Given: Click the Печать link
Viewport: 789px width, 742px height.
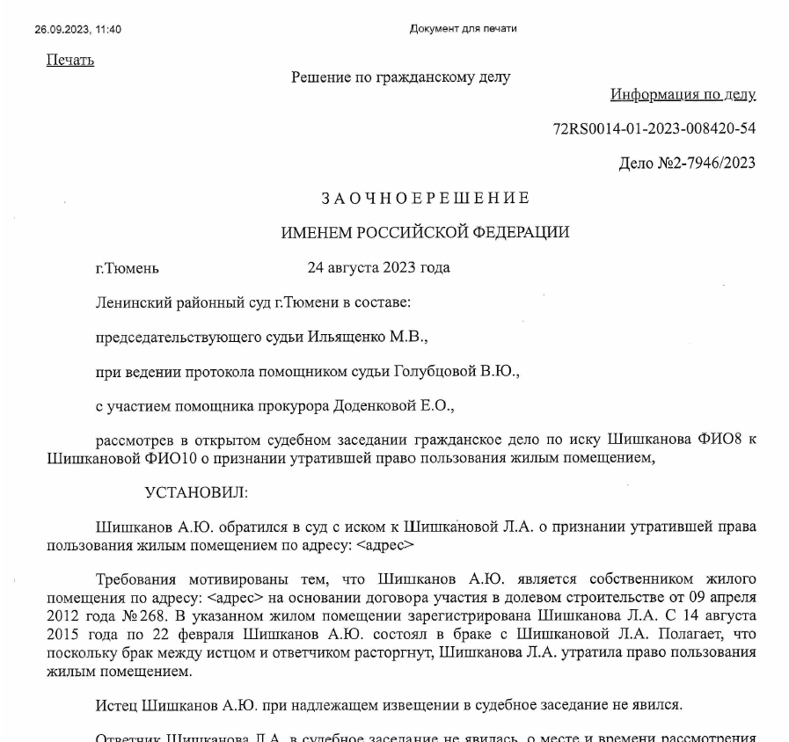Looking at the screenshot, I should pyautogui.click(x=69, y=60).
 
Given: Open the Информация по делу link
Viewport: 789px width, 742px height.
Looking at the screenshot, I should pyautogui.click(x=683, y=94).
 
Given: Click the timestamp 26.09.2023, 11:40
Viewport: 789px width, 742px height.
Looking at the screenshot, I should pyautogui.click(x=77, y=29).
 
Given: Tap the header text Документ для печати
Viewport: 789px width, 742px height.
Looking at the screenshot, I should pyautogui.click(x=463, y=28).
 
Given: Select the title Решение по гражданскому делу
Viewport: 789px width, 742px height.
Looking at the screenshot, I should pyautogui.click(x=400, y=77).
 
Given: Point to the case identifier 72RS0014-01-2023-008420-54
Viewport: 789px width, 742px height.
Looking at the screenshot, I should pyautogui.click(x=654, y=128).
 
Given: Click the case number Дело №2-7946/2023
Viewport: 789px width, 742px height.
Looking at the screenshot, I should pyautogui.click(x=686, y=163).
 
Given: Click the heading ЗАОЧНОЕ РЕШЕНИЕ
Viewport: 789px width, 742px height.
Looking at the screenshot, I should pyautogui.click(x=425, y=198).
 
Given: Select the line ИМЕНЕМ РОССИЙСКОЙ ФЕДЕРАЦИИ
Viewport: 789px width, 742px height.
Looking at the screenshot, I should pyautogui.click(x=425, y=233).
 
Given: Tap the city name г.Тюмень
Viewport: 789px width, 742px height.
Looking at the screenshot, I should pyautogui.click(x=127, y=268).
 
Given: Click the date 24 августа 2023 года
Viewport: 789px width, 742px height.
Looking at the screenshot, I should pyautogui.click(x=378, y=267).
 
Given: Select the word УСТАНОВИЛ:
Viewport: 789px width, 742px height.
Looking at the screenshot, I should pyautogui.click(x=197, y=492).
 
